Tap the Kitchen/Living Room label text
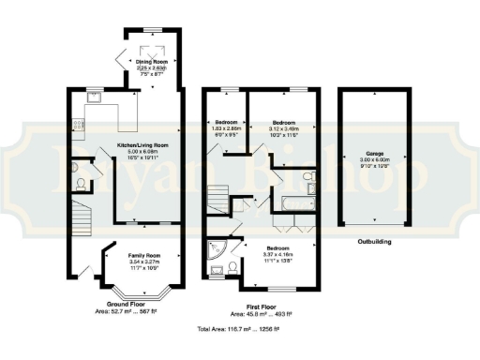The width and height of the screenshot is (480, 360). coord(142,145)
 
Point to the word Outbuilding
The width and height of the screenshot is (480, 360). coord(375,241)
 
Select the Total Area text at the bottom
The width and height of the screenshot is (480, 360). coord(238,330)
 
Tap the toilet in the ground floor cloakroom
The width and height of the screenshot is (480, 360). coord(82,182)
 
